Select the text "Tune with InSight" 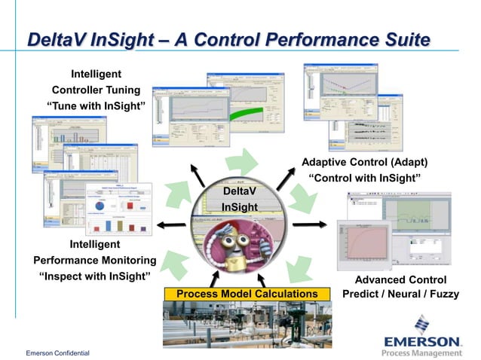[96, 105]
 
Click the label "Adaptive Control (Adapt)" [365, 162]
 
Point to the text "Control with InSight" [365, 178]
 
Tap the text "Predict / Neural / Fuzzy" [400, 294]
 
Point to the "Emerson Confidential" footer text [57, 352]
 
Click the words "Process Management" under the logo [421, 352]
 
